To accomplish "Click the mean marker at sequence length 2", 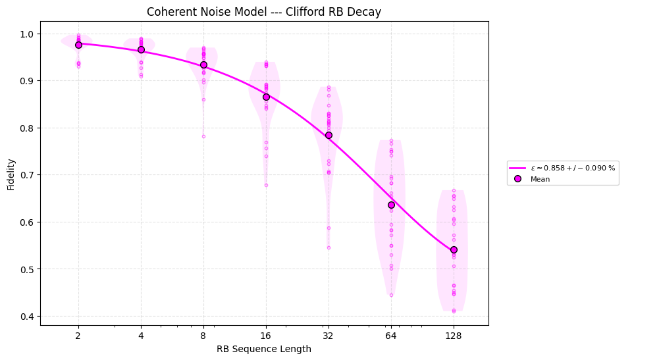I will [x=78, y=45].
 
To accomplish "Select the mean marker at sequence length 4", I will [x=141, y=49].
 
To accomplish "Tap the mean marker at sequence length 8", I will [x=203, y=64].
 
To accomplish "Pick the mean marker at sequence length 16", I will [x=266, y=97].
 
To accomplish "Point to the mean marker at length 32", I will [x=329, y=135].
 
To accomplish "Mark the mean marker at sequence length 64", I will [x=391, y=205].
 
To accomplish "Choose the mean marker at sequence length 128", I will [x=454, y=249].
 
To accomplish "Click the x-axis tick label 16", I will [x=266, y=335].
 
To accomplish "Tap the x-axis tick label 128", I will [x=454, y=335].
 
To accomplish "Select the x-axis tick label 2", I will [x=78, y=335].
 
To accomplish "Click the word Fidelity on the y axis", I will [x=11, y=174].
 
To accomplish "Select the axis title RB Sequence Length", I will [x=264, y=349].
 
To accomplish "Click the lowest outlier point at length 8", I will [x=203, y=136].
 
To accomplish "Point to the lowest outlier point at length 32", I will [x=329, y=247].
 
